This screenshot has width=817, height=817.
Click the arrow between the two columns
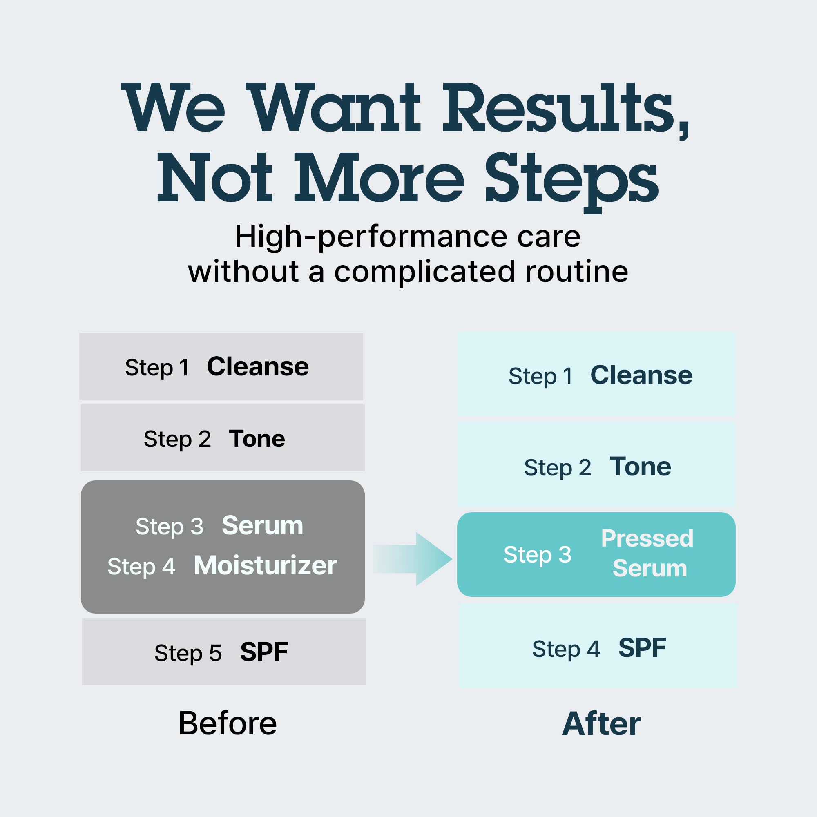[x=412, y=559]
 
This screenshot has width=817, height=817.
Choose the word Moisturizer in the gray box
[x=265, y=565]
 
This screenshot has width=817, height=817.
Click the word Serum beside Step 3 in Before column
[x=262, y=526]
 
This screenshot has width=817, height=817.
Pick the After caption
[x=601, y=724]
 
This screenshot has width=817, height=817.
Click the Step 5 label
[x=188, y=653]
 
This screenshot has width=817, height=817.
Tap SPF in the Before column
[x=264, y=652]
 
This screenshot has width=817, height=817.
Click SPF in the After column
[x=642, y=648]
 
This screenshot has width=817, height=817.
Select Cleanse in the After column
[x=641, y=375]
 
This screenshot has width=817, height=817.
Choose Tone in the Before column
[x=257, y=438]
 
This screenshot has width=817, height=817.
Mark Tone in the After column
[x=640, y=467]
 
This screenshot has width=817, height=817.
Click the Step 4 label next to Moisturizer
[x=141, y=567]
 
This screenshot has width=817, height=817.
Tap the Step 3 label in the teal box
[x=537, y=555]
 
